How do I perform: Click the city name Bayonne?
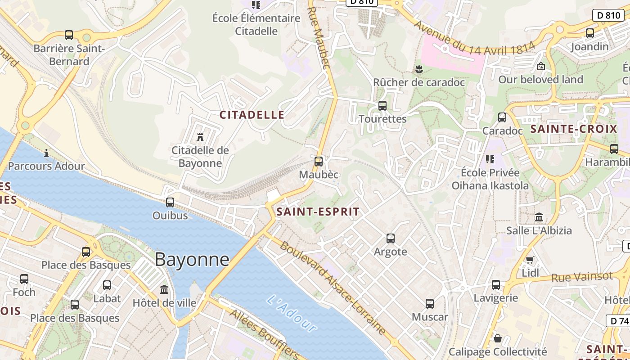(192, 260)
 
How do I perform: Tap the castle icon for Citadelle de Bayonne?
(200, 136)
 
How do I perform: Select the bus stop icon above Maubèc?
(319, 161)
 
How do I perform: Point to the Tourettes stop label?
(382, 119)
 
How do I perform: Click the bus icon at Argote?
(391, 238)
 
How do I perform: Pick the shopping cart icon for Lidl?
(530, 260)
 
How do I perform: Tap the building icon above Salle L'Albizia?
(539, 217)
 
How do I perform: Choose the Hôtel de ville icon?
(164, 289)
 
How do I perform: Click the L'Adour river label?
(291, 313)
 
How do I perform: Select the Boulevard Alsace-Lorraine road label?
(333, 288)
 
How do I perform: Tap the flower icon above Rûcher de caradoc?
(419, 69)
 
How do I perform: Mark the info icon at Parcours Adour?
(46, 153)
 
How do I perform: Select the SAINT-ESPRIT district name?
(318, 211)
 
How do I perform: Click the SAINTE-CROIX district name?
(574, 129)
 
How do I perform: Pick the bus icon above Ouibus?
(170, 202)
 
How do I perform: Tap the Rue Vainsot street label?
(582, 277)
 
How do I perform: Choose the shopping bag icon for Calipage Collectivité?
(498, 338)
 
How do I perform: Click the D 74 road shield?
(619, 321)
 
